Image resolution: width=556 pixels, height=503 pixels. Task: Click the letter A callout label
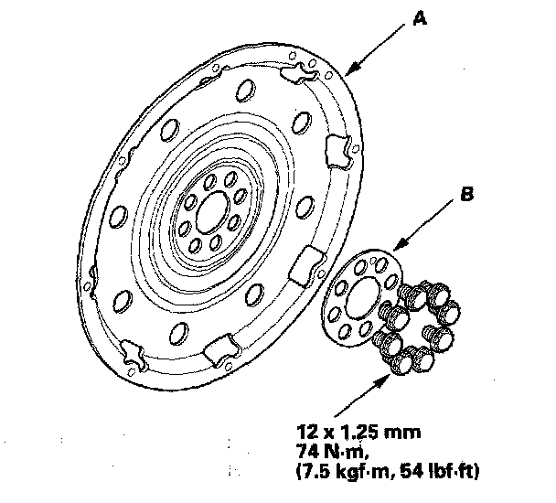click(420, 18)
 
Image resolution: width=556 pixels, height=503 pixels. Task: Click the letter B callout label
click(467, 195)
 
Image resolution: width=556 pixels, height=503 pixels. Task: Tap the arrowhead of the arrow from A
click(351, 70)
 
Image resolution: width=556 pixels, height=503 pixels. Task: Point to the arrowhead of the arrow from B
click(401, 244)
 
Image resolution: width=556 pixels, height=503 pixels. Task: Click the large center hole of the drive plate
click(213, 212)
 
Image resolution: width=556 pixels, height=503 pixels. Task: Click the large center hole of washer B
click(363, 297)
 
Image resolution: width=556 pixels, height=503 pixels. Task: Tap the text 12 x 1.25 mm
click(358, 433)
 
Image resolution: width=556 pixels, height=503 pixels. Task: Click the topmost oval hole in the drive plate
click(245, 91)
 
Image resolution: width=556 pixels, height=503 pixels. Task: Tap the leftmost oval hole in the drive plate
click(118, 217)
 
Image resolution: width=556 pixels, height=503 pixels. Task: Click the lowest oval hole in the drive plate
click(178, 334)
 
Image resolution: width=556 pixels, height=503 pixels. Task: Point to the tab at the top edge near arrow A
click(298, 73)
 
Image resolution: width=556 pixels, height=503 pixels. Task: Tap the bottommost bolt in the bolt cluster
click(401, 362)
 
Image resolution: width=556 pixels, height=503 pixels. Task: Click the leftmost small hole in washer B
click(335, 315)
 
